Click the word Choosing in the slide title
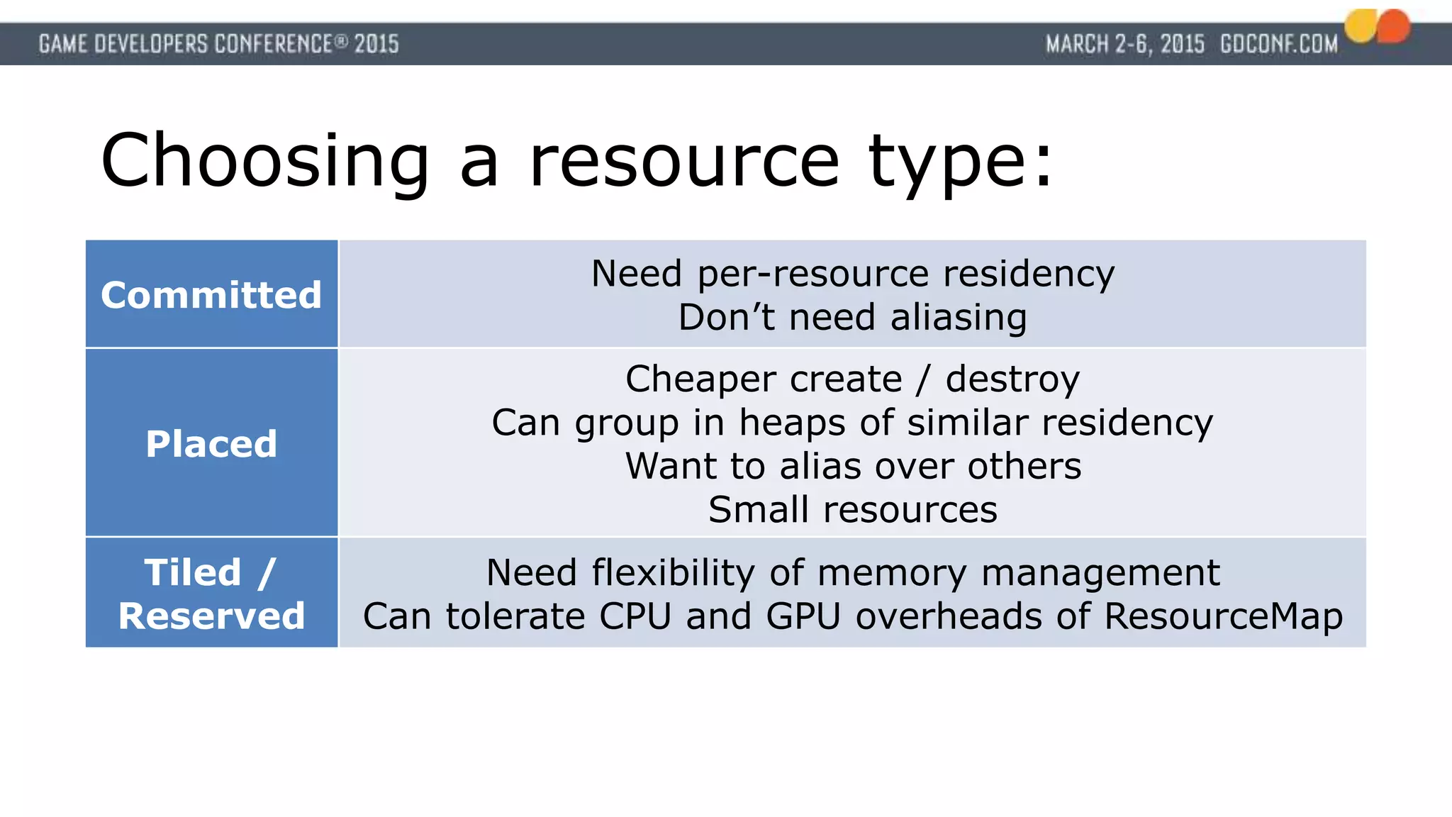[265, 162]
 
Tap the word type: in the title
[961, 162]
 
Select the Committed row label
[211, 295]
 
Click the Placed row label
[211, 444]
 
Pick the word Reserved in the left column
[211, 616]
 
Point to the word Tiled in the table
[193, 572]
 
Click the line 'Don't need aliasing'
[852, 317]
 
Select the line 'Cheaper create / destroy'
[852, 379]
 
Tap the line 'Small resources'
[852, 510]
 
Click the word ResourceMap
[1223, 616]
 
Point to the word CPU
[635, 616]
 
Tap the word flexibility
[673, 572]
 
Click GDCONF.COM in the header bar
[1279, 44]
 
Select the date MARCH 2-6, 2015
[1125, 44]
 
